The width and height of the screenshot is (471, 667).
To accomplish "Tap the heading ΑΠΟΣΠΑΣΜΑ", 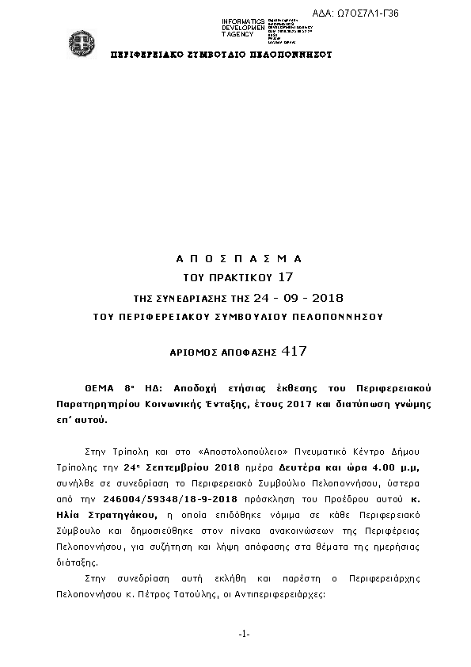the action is coord(238,259).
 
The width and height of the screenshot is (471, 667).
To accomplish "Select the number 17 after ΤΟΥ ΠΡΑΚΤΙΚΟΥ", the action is coord(286,277).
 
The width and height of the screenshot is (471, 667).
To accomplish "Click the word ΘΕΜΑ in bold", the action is coord(101,391).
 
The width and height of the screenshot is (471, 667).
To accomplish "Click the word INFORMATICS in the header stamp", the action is coord(243,21).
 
